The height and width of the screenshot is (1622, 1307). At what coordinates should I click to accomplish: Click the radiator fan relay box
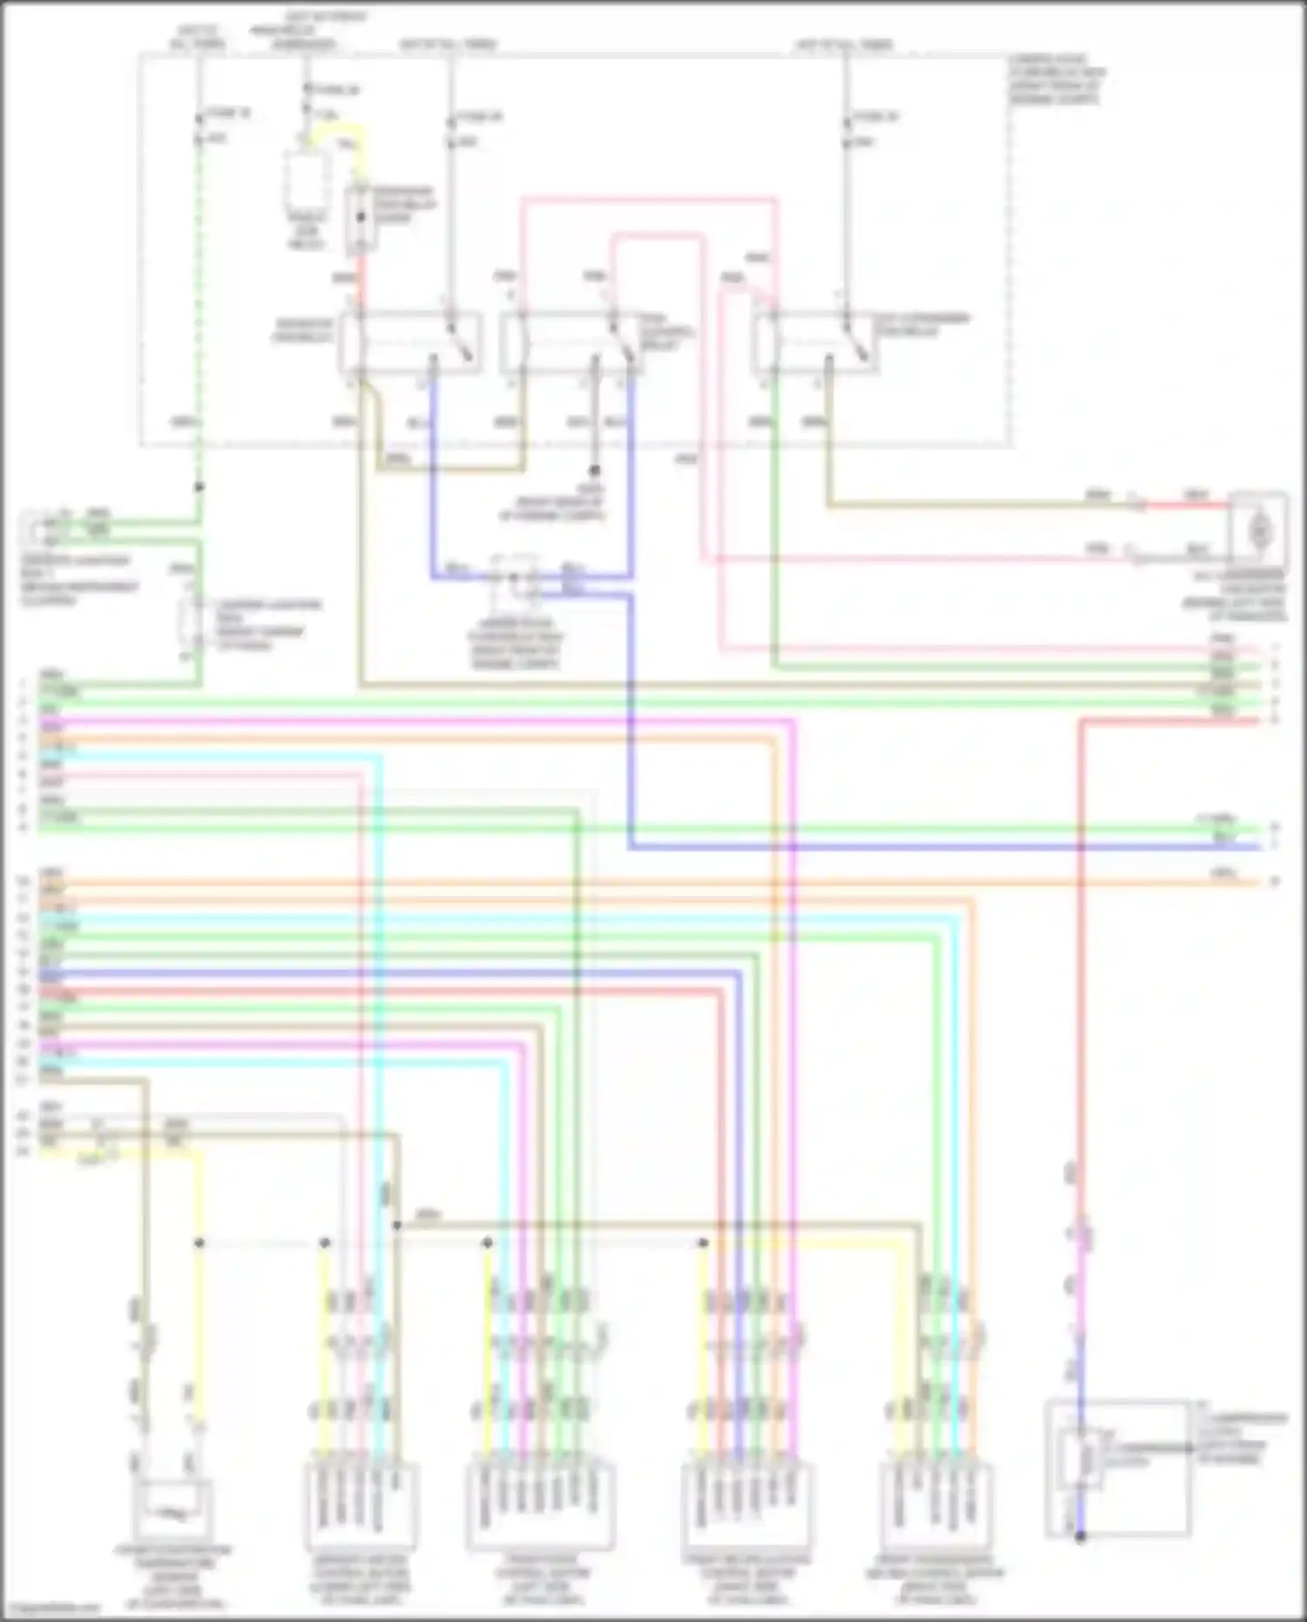point(410,343)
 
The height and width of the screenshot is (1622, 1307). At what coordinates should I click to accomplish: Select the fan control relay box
point(571,343)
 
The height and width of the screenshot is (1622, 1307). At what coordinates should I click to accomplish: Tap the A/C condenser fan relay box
point(815,343)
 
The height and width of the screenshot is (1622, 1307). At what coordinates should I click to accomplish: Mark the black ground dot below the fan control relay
point(596,471)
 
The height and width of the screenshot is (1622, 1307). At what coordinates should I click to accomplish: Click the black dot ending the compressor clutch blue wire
point(1080,1537)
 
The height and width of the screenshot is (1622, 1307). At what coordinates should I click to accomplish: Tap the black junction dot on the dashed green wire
point(199,487)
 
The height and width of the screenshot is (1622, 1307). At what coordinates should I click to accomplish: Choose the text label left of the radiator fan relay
point(303,329)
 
